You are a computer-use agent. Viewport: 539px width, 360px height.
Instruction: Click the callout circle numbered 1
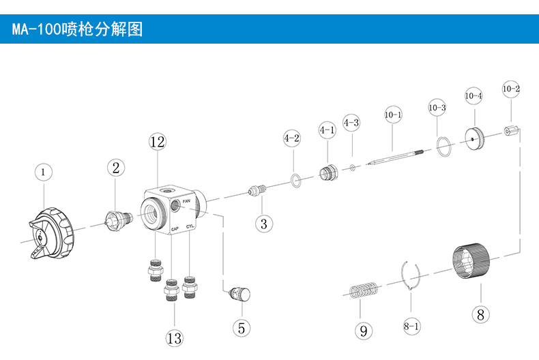pyautogui.click(x=42, y=172)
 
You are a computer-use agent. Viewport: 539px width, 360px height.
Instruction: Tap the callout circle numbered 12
pyautogui.click(x=158, y=142)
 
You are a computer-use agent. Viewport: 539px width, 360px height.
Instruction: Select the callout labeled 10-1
pyautogui.click(x=393, y=115)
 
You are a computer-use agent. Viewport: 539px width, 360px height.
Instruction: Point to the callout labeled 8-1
pyautogui.click(x=411, y=327)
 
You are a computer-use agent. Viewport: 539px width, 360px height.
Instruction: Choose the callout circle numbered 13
pyautogui.click(x=174, y=337)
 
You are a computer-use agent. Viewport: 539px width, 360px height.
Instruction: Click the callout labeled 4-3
pyautogui.click(x=351, y=123)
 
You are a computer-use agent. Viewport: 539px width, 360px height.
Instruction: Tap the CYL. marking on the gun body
pyautogui.click(x=192, y=228)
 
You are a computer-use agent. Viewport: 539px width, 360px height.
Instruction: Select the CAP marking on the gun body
pyautogui.click(x=175, y=228)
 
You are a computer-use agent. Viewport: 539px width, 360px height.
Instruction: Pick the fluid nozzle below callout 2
pyautogui.click(x=117, y=220)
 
